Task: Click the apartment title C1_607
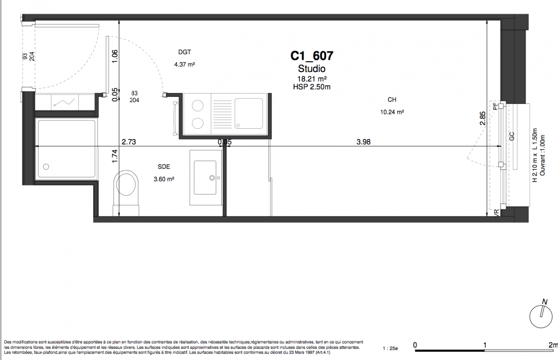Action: [x=312, y=56]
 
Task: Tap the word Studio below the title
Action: [x=312, y=69]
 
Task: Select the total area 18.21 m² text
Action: [x=312, y=79]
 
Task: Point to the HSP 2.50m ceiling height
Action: [x=312, y=87]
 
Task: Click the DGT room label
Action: [x=185, y=52]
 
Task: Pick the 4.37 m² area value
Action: [x=185, y=64]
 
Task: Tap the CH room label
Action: [x=392, y=99]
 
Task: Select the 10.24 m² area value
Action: [x=392, y=112]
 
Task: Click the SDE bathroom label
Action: [x=164, y=166]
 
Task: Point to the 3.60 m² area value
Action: [x=164, y=179]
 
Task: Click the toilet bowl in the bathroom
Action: [x=126, y=184]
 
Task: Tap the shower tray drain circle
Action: [x=46, y=166]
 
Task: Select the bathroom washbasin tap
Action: [x=212, y=178]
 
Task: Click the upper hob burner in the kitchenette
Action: [x=198, y=106]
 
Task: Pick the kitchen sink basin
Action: [x=249, y=113]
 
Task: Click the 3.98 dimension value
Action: [x=363, y=142]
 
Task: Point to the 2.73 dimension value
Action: [x=129, y=142]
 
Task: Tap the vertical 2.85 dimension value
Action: [x=482, y=118]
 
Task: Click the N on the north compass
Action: [x=544, y=302]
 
